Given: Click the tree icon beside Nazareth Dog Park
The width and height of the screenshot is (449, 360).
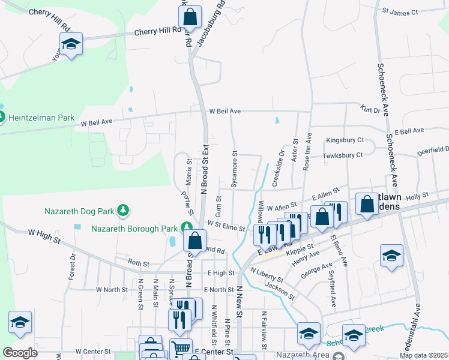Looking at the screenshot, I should coord(122,210).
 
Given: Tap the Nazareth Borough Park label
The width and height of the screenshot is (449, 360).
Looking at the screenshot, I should coord(134,228).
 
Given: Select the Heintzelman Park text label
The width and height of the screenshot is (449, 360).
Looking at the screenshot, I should coord(41,118).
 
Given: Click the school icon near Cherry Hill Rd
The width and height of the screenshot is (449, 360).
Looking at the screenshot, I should coord(70,44).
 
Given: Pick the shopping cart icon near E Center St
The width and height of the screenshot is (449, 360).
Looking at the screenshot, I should coord(181,349).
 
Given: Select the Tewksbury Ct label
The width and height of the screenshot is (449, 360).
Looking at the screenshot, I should coord(342,155).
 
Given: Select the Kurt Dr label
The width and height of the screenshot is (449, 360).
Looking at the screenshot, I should coord(370,109).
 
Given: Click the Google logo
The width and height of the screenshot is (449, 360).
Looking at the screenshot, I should coord(20,353).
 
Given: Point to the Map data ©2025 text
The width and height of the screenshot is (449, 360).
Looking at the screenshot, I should coord(423,355).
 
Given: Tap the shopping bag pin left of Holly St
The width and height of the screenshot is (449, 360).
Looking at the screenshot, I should coord(366,204).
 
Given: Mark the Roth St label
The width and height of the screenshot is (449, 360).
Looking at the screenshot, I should coord(138,262).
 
